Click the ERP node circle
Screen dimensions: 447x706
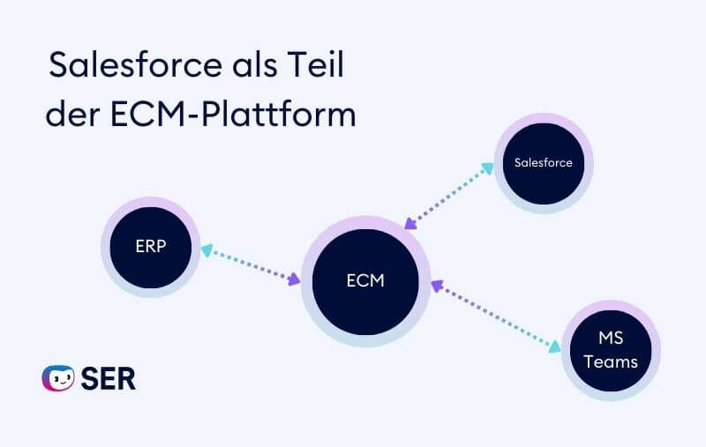pos(151,247)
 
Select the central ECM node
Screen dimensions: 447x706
pos(365,281)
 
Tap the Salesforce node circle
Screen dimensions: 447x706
pos(543,162)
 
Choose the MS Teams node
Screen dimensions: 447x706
pos(611,350)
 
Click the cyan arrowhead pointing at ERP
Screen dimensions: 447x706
pos(207,250)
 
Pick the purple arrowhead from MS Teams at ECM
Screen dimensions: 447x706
pos(436,285)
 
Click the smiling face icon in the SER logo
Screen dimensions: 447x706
pos(58,378)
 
